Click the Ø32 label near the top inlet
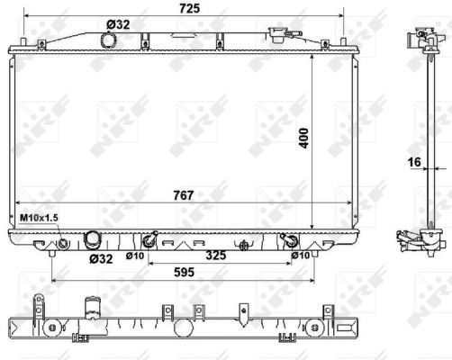[118, 24]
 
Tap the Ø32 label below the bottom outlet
[101, 260]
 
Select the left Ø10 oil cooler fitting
[149, 240]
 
